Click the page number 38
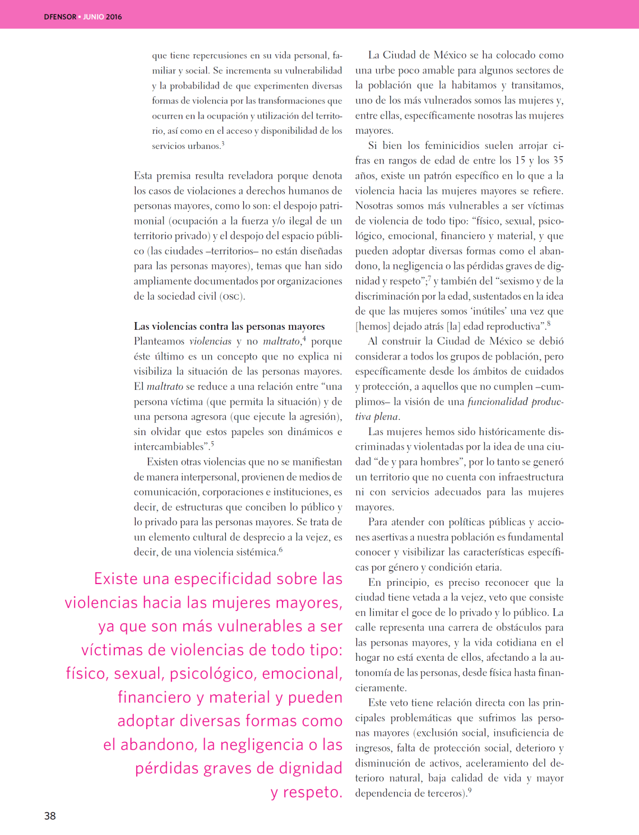click(x=50, y=815)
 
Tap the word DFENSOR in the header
click(x=60, y=17)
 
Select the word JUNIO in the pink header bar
click(x=94, y=17)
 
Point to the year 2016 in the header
click(x=114, y=17)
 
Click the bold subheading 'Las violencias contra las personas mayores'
click(x=229, y=326)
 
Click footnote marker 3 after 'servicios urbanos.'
click(x=223, y=144)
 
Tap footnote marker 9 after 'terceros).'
click(x=470, y=791)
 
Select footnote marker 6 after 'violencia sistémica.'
click(x=281, y=549)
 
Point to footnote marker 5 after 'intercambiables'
click(x=212, y=444)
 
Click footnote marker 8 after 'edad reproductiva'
click(x=549, y=323)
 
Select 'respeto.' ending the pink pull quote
click(x=312, y=792)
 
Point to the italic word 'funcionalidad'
click(x=498, y=402)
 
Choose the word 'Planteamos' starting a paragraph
click(x=159, y=341)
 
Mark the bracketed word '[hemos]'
click(x=373, y=326)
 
